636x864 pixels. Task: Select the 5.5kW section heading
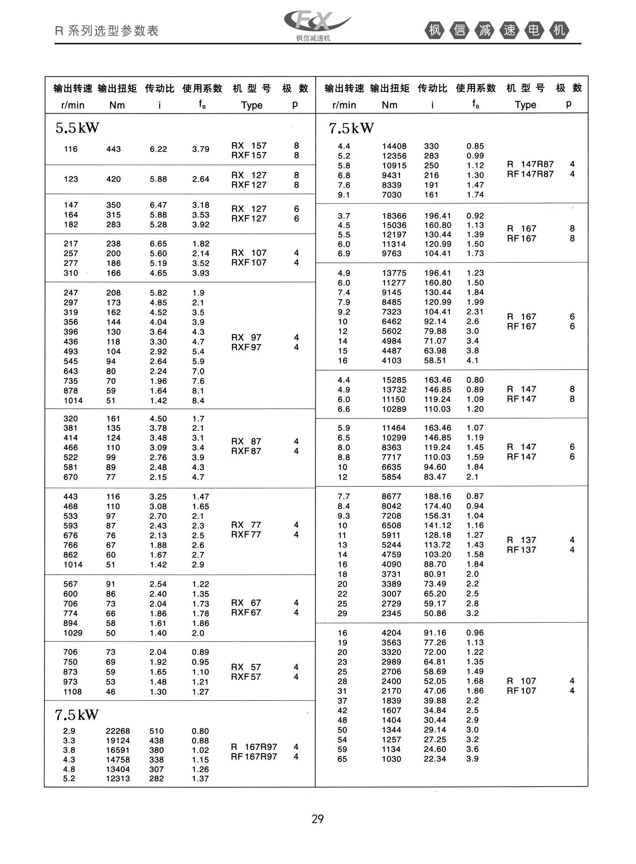(x=77, y=128)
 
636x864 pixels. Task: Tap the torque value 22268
(x=118, y=731)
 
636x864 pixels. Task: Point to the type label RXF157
(x=249, y=155)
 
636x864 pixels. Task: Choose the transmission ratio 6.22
(x=158, y=149)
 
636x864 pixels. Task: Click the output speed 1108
(x=72, y=692)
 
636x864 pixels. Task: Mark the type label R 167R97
(x=254, y=747)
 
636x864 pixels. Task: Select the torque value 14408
(x=394, y=146)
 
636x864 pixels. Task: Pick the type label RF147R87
(x=530, y=174)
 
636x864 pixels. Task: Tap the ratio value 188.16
(x=437, y=497)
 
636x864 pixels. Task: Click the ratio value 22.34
(x=435, y=759)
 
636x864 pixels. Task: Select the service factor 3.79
(x=201, y=149)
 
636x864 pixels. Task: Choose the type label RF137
(x=521, y=550)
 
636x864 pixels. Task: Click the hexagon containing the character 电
(x=534, y=30)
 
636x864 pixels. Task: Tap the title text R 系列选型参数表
(x=107, y=31)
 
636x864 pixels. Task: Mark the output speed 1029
(x=73, y=633)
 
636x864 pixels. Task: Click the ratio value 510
(x=157, y=731)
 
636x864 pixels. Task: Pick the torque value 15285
(x=394, y=380)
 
